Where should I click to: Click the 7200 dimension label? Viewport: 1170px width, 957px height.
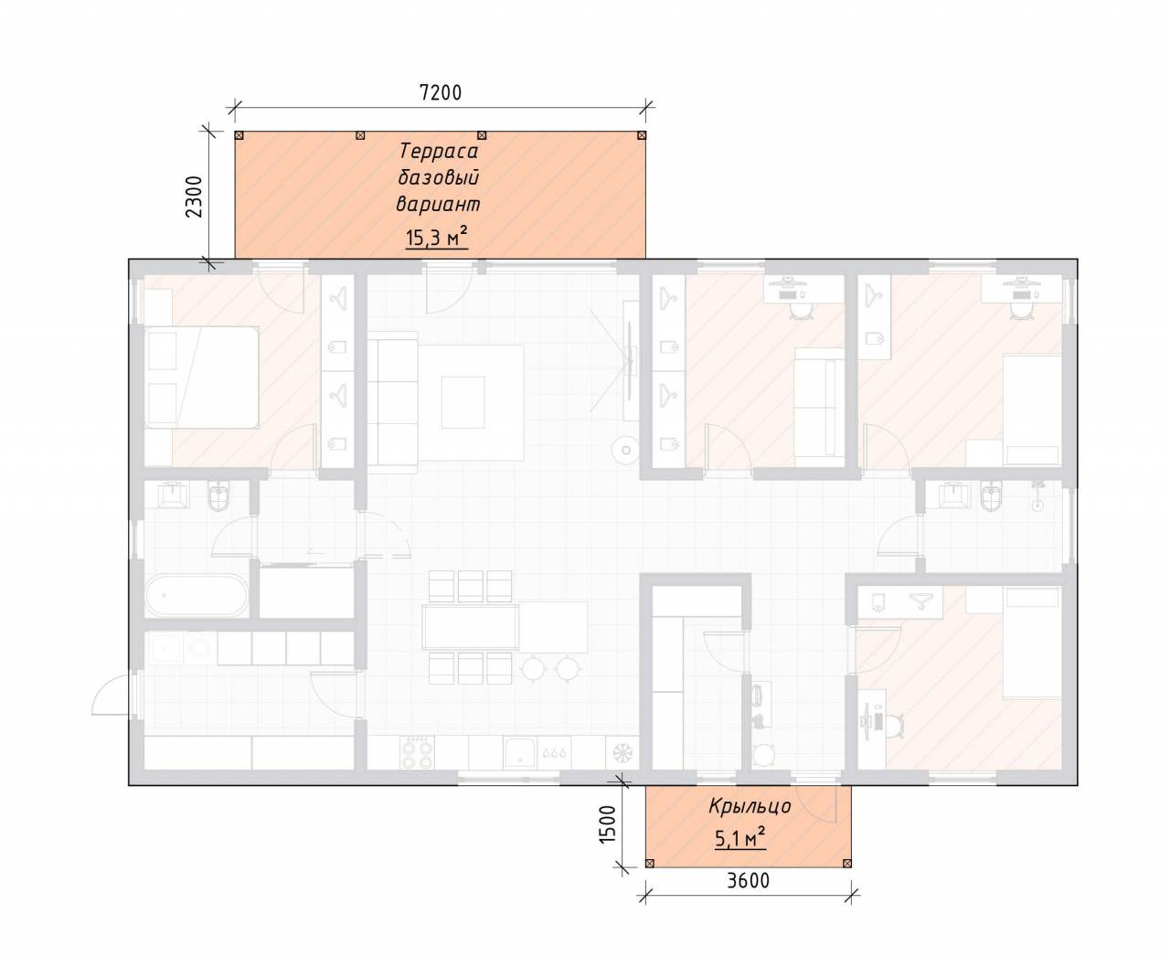[x=441, y=92]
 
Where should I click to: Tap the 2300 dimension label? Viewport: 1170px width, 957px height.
[x=195, y=197]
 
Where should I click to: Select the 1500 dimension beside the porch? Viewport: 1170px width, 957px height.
[x=608, y=824]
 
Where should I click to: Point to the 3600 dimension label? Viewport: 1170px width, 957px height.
[x=749, y=880]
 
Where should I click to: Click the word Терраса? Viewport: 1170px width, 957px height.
[x=439, y=151]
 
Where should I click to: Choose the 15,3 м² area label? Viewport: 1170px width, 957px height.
[x=437, y=238]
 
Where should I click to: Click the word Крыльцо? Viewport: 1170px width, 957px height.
[x=750, y=806]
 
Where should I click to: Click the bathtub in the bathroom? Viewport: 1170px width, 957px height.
[x=197, y=596]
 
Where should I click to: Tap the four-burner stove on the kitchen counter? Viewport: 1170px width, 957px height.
[x=417, y=753]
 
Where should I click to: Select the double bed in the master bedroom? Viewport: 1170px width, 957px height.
[x=201, y=377]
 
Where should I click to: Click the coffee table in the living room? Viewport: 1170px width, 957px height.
[x=463, y=402]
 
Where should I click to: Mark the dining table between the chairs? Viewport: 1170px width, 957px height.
[x=470, y=627]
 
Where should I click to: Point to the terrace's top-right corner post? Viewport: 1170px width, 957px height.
[x=642, y=135]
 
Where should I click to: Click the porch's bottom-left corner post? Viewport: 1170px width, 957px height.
[x=650, y=863]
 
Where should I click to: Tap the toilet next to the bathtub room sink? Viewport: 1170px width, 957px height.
[x=219, y=495]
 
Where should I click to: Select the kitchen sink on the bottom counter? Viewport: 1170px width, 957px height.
[x=520, y=753]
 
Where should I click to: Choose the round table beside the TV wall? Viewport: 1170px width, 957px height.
[x=626, y=450]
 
